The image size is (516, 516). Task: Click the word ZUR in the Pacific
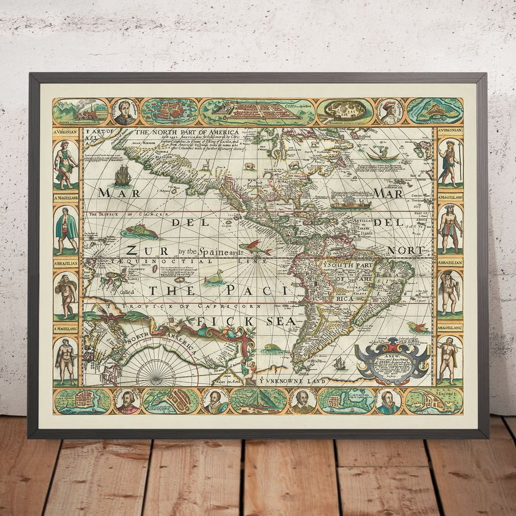pos(140,250)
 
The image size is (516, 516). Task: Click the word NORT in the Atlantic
pos(406,251)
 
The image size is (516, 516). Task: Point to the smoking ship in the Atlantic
pos(351,202)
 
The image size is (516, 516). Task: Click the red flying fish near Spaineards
pos(255,247)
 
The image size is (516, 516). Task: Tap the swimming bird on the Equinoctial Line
pos(214,277)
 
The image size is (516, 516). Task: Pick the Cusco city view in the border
pos(256,111)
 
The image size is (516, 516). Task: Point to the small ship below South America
pos(339,363)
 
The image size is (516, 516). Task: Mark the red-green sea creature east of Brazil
pos(418,328)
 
